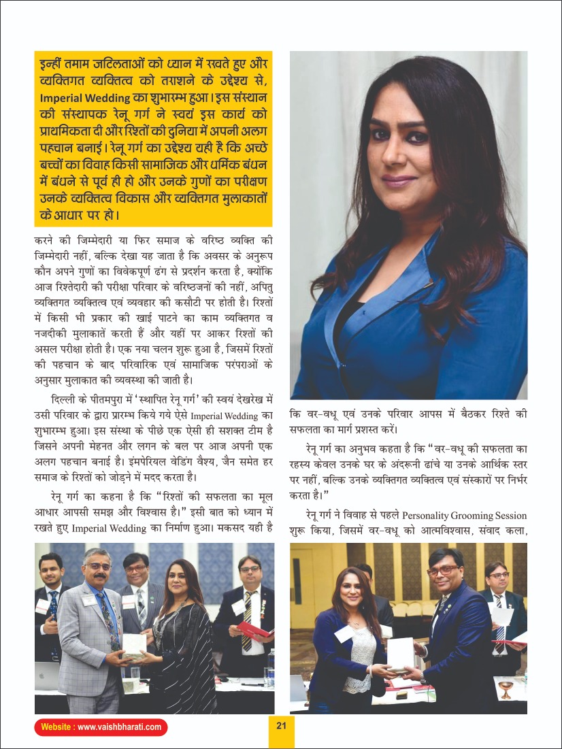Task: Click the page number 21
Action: [x=281, y=725]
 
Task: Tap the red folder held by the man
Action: [x=257, y=629]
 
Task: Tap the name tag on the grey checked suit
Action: [x=90, y=601]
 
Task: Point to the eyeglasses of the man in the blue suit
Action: [x=443, y=570]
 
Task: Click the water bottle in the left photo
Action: [x=271, y=663]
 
